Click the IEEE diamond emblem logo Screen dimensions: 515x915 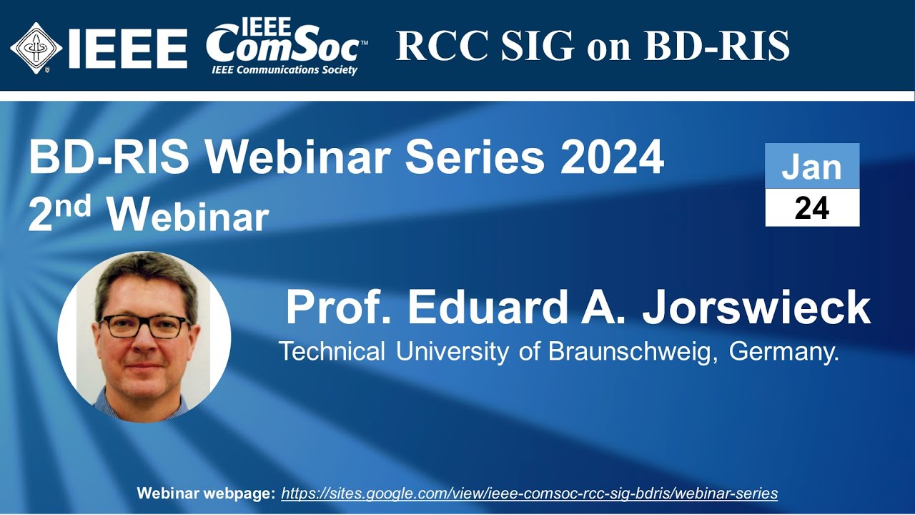[x=36, y=48]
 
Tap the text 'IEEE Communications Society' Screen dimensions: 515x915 [x=284, y=70]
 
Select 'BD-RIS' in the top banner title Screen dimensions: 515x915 [x=717, y=46]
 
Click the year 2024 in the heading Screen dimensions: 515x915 [x=612, y=159]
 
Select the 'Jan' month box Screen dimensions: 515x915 [x=811, y=166]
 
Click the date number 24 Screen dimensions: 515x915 [x=811, y=208]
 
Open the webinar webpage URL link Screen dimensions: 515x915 [x=529, y=493]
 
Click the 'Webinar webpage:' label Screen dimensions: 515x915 [x=206, y=493]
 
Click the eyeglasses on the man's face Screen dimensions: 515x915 [x=144, y=326]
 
